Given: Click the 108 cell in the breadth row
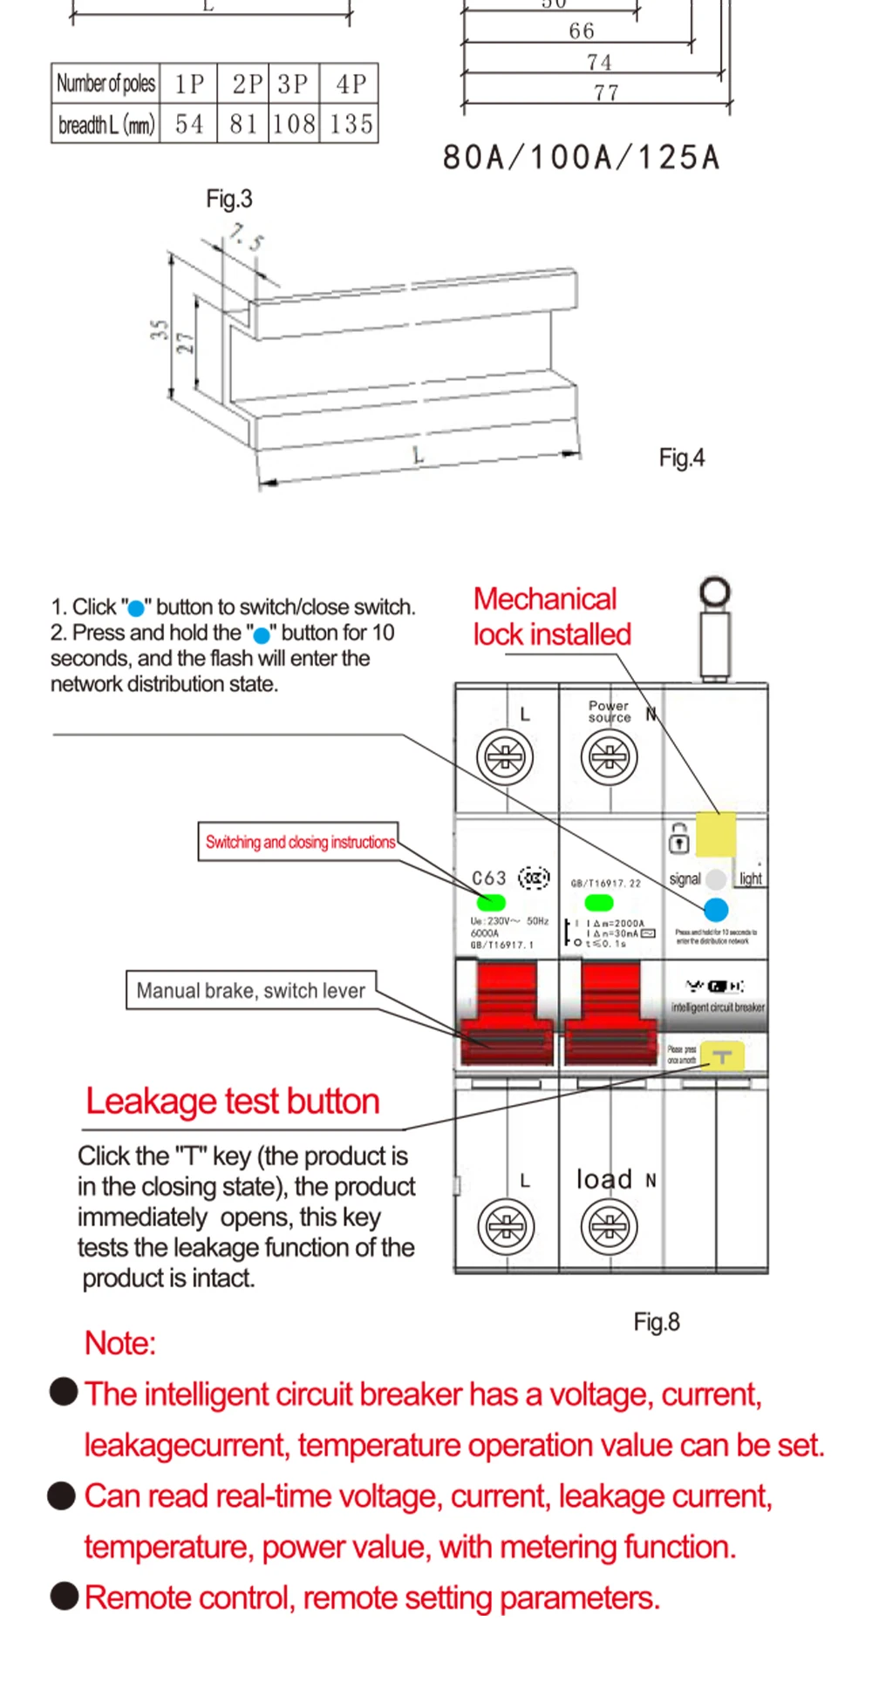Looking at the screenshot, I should click(x=294, y=124).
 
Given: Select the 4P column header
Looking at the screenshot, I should click(x=351, y=84).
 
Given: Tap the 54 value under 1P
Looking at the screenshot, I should click(x=189, y=124).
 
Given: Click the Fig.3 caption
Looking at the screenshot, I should click(x=228, y=199).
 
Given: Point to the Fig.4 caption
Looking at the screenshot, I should click(x=681, y=458).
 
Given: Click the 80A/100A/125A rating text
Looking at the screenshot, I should click(x=582, y=158).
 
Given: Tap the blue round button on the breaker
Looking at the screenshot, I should click(x=716, y=910).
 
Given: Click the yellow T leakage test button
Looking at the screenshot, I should click(x=722, y=1057).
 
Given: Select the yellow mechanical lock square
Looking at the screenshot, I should click(x=715, y=834).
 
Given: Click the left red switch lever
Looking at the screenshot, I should click(x=507, y=1015).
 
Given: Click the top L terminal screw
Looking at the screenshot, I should click(x=505, y=756).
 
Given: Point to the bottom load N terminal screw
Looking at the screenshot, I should click(x=609, y=1226).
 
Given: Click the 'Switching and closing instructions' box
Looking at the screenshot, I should click(x=299, y=842).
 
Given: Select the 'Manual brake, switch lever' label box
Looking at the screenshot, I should click(x=251, y=991).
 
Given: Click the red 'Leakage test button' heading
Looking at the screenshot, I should click(x=233, y=1102).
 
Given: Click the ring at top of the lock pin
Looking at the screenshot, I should click(x=715, y=593).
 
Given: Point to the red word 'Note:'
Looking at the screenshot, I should click(x=120, y=1343).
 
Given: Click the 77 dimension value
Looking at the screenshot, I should click(x=606, y=92).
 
